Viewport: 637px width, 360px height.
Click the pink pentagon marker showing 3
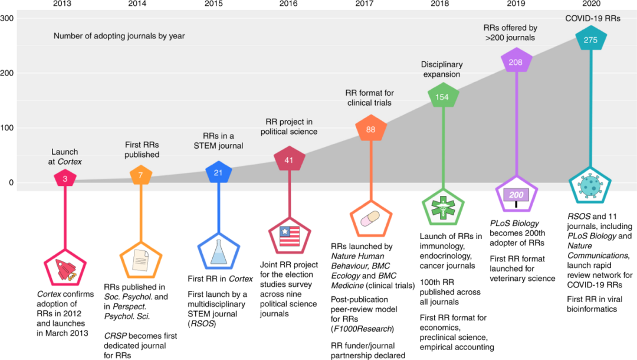tap(64, 178)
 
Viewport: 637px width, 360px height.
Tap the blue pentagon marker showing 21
tap(218, 172)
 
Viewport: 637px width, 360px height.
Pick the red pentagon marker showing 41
tap(289, 160)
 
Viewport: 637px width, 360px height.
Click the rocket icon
tap(64, 269)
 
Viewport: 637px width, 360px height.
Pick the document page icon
tap(141, 260)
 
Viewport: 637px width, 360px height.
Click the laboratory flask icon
tap(218, 253)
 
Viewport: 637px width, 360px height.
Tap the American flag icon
tap(289, 236)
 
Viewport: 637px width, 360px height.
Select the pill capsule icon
tap(371, 219)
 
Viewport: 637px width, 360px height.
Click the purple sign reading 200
tap(517, 195)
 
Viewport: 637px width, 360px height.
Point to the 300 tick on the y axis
tap(8, 18)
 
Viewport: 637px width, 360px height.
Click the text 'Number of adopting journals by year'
tap(119, 36)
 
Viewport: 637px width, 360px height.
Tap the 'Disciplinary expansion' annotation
tap(442, 69)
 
